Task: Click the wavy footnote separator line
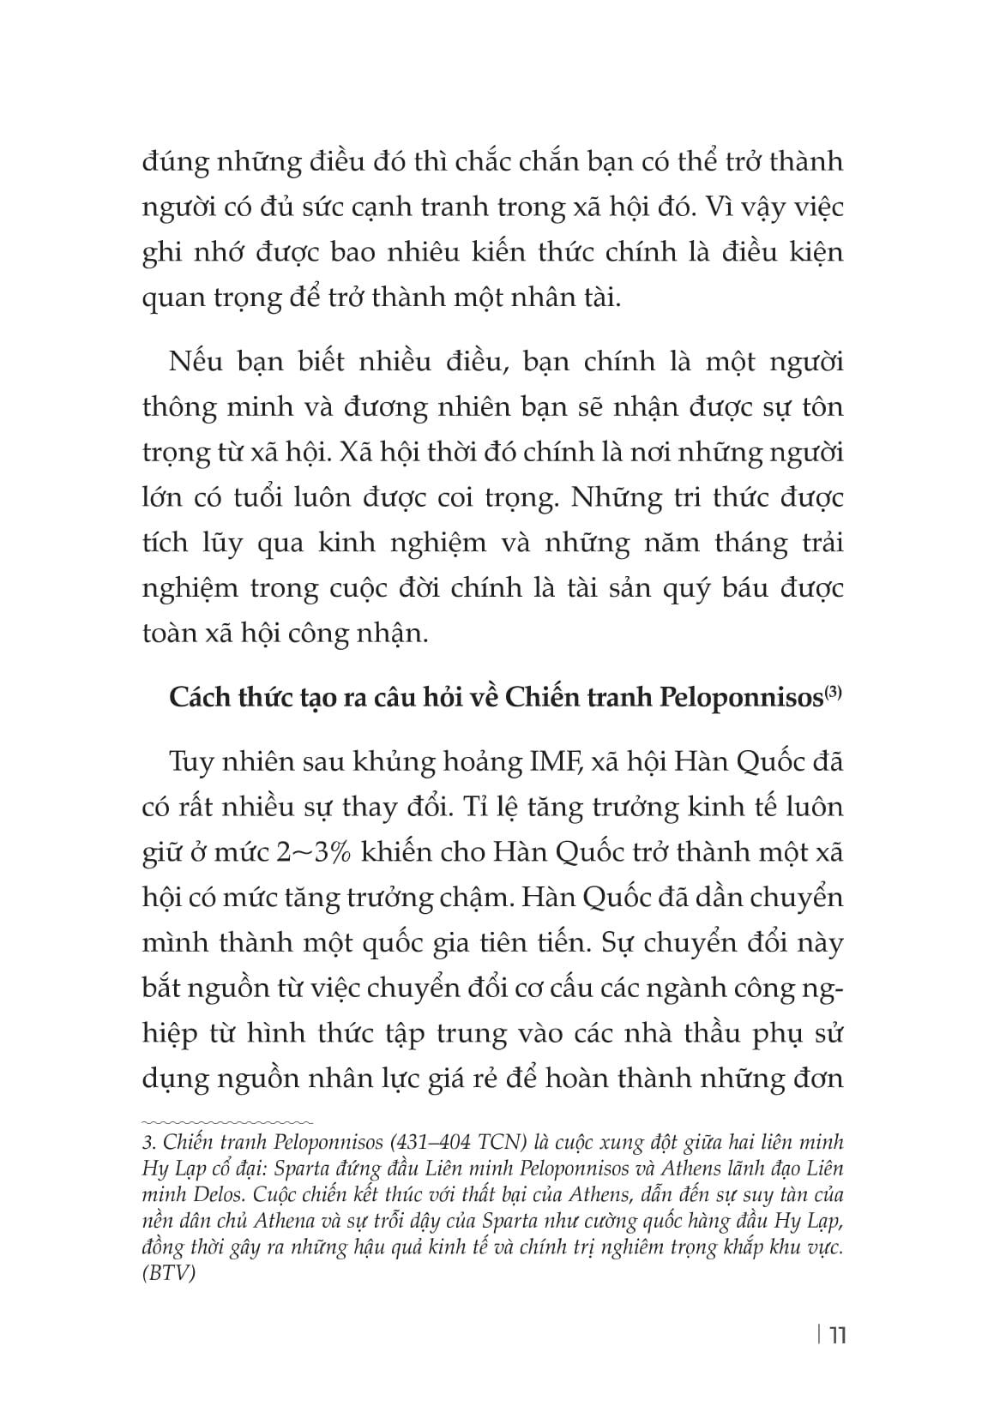pos(227,1121)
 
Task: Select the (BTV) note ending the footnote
pos(169,1273)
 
